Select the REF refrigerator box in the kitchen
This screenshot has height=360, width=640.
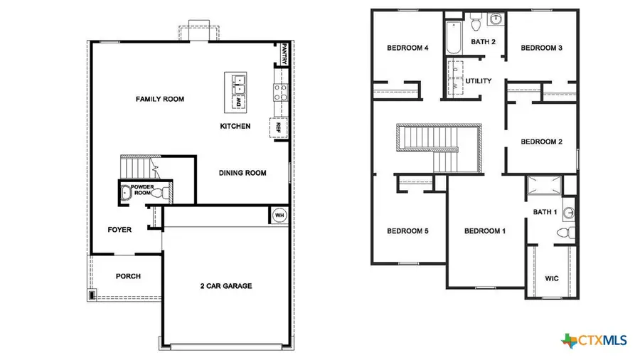pyautogui.click(x=279, y=128)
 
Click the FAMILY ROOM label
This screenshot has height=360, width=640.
pyautogui.click(x=160, y=99)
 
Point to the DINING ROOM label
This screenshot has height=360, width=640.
pyautogui.click(x=242, y=173)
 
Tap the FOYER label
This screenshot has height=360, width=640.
pyautogui.click(x=119, y=230)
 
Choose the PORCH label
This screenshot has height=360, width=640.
pyautogui.click(x=128, y=276)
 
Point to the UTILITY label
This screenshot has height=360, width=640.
pyautogui.click(x=479, y=81)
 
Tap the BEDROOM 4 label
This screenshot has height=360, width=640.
pyautogui.click(x=407, y=48)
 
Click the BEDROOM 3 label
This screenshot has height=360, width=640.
pyautogui.click(x=542, y=48)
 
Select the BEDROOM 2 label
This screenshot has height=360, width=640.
pyautogui.click(x=542, y=142)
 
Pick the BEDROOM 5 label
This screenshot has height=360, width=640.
pyautogui.click(x=407, y=231)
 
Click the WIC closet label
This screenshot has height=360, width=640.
pyautogui.click(x=552, y=278)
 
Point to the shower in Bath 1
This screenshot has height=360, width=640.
pyautogui.click(x=543, y=186)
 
